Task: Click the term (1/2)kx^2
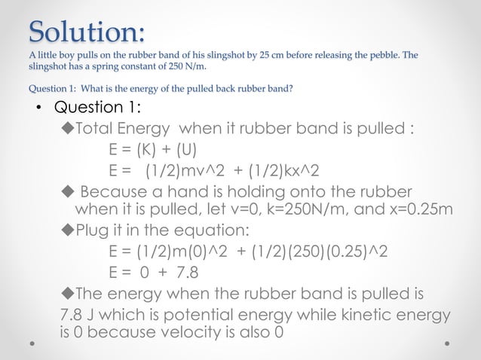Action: click(x=277, y=169)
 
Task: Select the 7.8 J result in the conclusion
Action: click(x=77, y=313)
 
